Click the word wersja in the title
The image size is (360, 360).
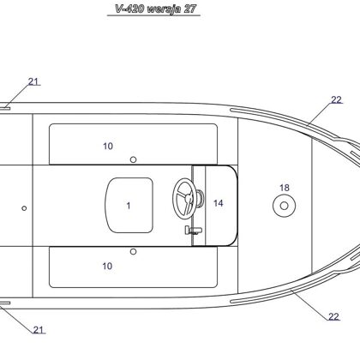pos(164,9)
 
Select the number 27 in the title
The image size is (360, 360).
pos(189,9)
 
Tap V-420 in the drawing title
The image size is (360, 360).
pos(129,9)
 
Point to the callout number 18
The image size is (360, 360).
pos(285,188)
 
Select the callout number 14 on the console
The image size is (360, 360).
pos(219,203)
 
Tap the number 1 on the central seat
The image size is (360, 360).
pos(129,206)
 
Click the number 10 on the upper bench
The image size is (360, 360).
pos(108,146)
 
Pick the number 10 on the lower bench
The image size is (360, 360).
pos(107,266)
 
